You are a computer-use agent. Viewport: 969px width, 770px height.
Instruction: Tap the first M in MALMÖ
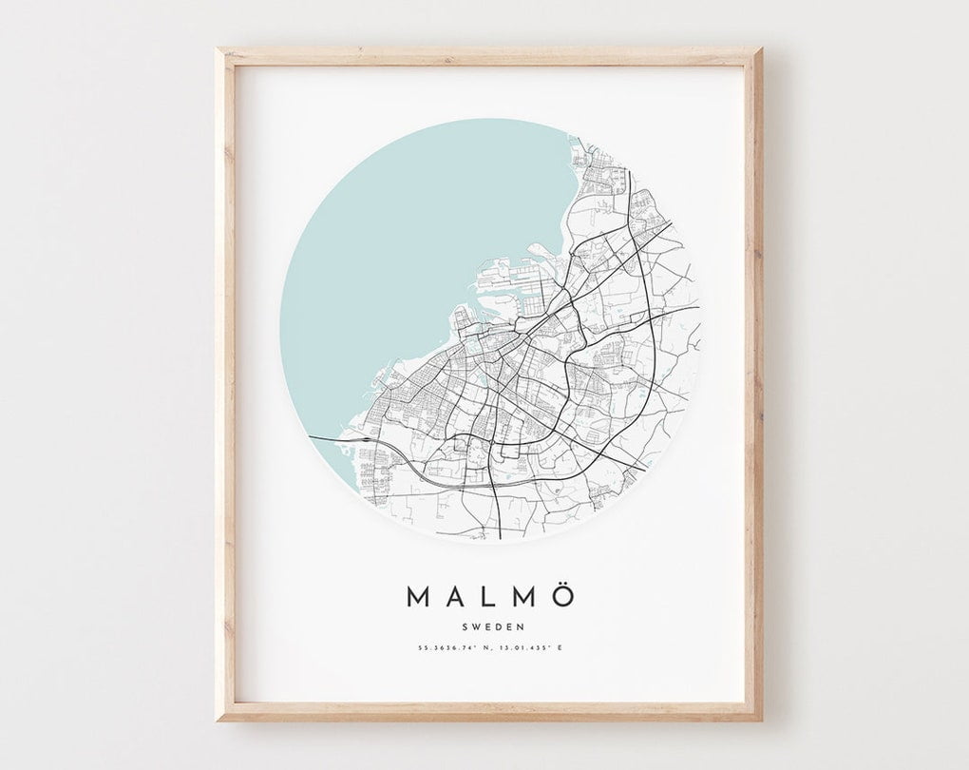[418, 597]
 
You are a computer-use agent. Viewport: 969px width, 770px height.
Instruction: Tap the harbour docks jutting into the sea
[508, 276]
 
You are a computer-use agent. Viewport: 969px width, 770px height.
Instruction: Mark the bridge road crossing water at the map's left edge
[328, 439]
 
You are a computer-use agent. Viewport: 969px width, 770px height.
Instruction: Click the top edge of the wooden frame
[489, 56]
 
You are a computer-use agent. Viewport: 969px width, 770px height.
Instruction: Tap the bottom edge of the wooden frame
[489, 712]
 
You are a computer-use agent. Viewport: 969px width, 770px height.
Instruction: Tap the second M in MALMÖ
[524, 597]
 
